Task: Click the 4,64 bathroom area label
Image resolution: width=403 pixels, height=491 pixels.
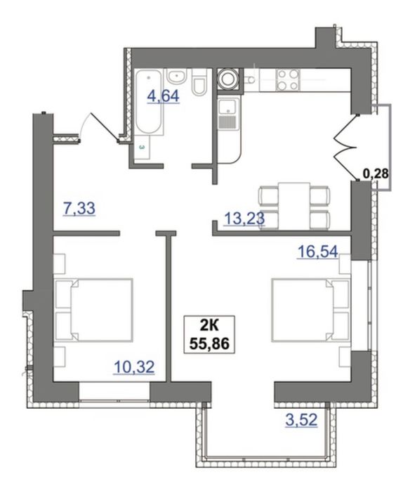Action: coord(164,96)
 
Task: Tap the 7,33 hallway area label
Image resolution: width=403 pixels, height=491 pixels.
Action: coord(79,209)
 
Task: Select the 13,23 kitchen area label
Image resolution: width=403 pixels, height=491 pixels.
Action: coord(244,218)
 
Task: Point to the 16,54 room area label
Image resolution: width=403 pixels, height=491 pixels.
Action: coord(318,251)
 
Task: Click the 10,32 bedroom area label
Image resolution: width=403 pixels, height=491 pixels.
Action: coord(134,367)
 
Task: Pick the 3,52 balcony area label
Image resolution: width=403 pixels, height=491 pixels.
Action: coord(301,420)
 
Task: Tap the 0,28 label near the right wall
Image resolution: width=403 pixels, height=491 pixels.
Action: coord(376,174)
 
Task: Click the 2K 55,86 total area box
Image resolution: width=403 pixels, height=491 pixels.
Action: coord(210,335)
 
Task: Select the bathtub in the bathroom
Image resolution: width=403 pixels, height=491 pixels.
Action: coord(149,103)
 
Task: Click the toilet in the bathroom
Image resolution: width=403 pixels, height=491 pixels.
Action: coord(199,82)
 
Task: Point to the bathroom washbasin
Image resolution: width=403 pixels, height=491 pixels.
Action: coord(177,77)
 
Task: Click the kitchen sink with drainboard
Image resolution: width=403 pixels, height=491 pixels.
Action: coord(229,112)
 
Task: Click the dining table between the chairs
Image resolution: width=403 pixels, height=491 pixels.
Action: coord(294,206)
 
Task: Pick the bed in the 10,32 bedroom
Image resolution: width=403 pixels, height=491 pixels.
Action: coord(93,309)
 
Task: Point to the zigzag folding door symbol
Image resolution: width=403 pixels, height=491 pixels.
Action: coord(346,148)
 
